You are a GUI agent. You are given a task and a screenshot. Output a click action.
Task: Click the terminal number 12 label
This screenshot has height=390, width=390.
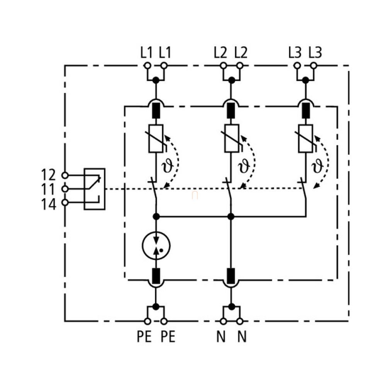click(x=49, y=175)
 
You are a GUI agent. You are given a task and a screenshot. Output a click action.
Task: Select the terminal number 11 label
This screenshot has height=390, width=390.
click(x=49, y=189)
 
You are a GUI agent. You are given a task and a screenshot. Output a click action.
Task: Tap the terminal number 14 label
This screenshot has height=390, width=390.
click(x=49, y=203)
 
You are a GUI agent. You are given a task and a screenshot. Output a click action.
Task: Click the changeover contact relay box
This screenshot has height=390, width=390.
click(x=95, y=189)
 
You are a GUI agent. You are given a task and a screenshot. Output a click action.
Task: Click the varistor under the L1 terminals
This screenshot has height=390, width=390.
click(x=156, y=138)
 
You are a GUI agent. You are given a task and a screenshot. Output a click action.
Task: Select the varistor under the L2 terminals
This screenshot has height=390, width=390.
click(x=231, y=138)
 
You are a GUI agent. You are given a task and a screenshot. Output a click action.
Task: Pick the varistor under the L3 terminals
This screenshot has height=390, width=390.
click(x=306, y=138)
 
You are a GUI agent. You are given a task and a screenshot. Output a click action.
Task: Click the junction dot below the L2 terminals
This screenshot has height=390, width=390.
click(x=231, y=80)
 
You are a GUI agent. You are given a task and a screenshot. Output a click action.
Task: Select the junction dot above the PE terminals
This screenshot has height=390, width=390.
click(x=156, y=307)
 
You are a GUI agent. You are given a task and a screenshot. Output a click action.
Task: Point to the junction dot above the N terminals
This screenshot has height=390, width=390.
click(x=231, y=307)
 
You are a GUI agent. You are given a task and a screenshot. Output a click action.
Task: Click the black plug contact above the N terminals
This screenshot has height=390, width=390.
click(x=231, y=276)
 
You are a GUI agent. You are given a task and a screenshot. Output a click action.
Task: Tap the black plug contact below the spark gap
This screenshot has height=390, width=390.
click(x=156, y=276)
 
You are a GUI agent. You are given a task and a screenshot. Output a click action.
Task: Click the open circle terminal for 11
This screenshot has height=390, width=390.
click(x=65, y=189)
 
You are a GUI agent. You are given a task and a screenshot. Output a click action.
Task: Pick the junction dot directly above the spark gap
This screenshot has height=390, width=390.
click(x=156, y=216)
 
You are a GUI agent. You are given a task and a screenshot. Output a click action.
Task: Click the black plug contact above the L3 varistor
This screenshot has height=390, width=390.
click(x=306, y=111)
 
